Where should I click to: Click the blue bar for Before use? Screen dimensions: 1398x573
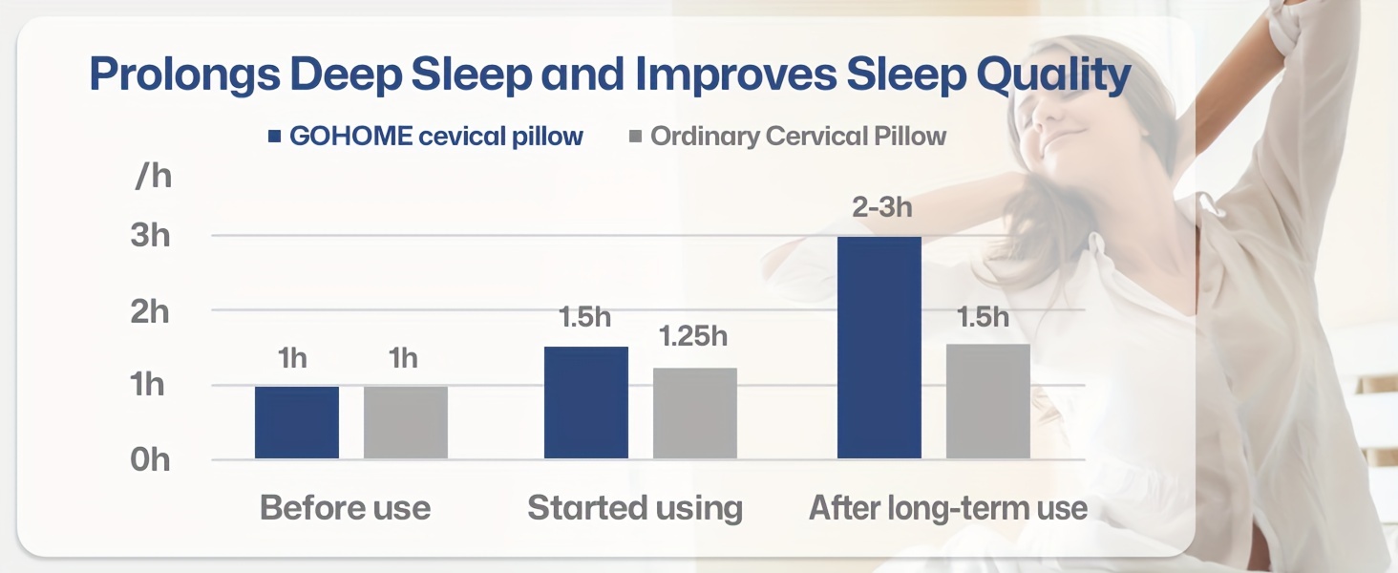click(x=296, y=422)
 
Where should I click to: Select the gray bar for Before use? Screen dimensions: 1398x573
click(x=406, y=422)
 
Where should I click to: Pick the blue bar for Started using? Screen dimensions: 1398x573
click(x=586, y=403)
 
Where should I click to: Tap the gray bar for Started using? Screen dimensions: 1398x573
click(x=694, y=414)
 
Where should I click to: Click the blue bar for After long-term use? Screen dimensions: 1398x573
click(x=879, y=348)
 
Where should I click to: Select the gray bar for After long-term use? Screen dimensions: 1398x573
click(x=988, y=401)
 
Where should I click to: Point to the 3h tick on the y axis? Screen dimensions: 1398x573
click(x=150, y=236)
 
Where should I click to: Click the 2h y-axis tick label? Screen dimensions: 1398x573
click(x=150, y=310)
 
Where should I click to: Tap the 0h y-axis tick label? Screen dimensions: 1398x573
click(x=150, y=460)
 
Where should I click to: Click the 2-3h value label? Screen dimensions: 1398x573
click(x=881, y=206)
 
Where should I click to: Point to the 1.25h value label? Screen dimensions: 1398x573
click(x=693, y=336)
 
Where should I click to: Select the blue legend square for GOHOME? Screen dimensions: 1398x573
click(x=275, y=136)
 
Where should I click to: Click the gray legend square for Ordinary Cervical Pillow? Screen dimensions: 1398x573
click(x=635, y=136)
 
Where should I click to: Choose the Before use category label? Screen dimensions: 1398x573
click(x=345, y=508)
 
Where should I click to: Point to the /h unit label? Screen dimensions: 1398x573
click(x=153, y=176)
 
